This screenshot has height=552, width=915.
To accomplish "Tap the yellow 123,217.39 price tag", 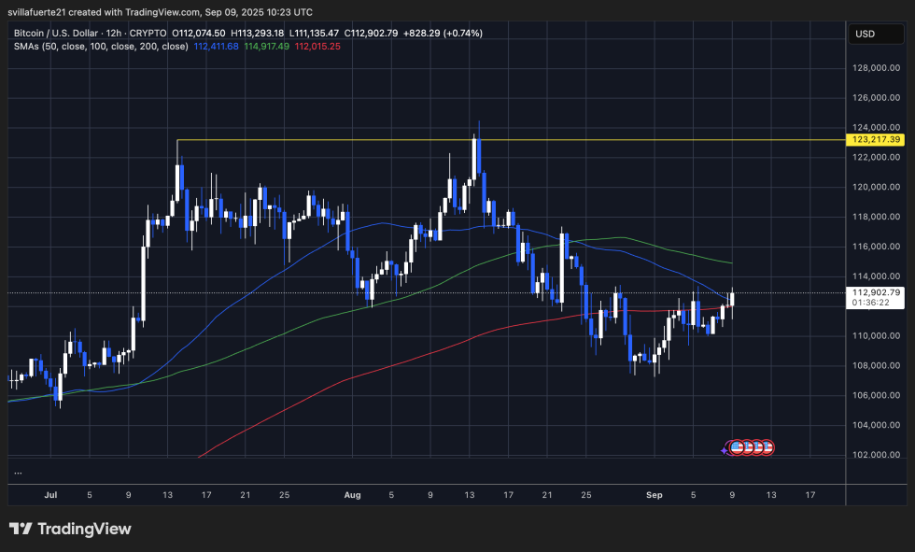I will coord(876,139).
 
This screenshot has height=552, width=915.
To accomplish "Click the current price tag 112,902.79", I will coord(876,292).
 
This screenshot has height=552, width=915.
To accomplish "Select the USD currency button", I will coord(865,34).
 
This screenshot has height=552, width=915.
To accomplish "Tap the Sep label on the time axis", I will coord(655,494).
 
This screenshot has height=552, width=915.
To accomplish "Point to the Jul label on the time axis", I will coord(49,494).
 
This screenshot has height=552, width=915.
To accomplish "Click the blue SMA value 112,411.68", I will coord(217,46).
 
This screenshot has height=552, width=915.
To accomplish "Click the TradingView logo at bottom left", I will coord(70,529).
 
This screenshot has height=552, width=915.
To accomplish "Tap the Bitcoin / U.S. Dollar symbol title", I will coord(63,33).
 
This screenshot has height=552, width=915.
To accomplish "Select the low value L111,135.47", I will coord(318,33).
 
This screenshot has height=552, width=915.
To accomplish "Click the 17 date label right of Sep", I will coord(810,494).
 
